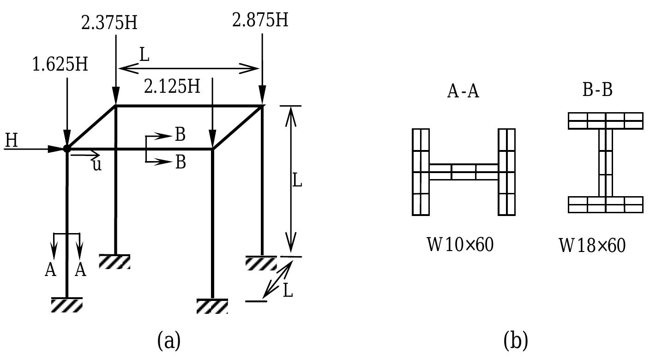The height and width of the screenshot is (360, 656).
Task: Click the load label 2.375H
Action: click(109, 23)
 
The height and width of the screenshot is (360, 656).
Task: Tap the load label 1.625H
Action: click(60, 65)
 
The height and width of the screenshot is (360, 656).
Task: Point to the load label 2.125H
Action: click(172, 86)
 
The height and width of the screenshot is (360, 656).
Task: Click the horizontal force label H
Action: click(12, 141)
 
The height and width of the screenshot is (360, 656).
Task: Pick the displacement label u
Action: click(96, 165)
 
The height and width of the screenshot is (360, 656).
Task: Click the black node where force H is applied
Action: click(67, 148)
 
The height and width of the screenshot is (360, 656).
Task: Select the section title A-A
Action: click(463, 91)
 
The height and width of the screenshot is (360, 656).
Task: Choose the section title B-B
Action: click(597, 90)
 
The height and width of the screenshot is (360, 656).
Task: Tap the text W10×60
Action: click(460, 244)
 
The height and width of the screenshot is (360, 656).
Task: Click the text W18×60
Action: click(592, 245)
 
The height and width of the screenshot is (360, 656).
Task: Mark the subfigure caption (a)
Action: click(169, 341)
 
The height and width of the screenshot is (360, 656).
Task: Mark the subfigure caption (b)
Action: click(516, 341)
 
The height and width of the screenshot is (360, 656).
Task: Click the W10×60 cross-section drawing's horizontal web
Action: click(463, 172)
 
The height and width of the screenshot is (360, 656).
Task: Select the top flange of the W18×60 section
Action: click(605, 120)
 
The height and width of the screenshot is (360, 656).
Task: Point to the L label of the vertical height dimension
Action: click(297, 181)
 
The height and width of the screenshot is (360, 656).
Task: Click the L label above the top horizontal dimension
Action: click(144, 55)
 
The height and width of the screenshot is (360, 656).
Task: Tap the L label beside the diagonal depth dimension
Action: click(288, 291)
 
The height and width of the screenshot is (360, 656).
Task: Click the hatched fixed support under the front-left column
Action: click(67, 305)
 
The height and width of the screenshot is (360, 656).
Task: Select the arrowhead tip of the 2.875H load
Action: click(262, 104)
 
